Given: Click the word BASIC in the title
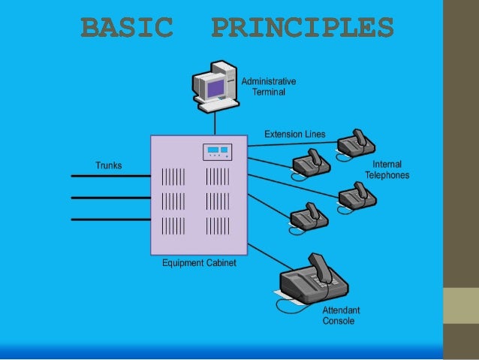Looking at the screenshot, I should pyautogui.click(x=126, y=28).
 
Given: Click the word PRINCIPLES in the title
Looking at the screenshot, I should pyautogui.click(x=303, y=28).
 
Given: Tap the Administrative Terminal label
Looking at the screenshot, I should pyautogui.click(x=268, y=86).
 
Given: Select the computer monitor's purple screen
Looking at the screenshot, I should pyautogui.click(x=215, y=88).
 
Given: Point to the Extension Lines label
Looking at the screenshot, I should pyautogui.click(x=295, y=135).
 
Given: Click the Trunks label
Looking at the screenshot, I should pyautogui.click(x=108, y=165).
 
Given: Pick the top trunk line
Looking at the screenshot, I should pyautogui.click(x=110, y=176).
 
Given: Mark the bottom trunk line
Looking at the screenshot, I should pyautogui.click(x=110, y=219).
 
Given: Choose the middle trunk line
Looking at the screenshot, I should pyautogui.click(x=110, y=198).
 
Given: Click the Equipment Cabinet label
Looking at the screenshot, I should pyautogui.click(x=199, y=263).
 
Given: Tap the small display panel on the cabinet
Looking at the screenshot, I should pyautogui.click(x=218, y=152).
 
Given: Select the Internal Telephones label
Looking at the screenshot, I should pyautogui.click(x=387, y=170).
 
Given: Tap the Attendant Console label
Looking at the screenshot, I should pyautogui.click(x=341, y=316).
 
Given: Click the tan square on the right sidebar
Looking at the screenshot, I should pyautogui.click(x=461, y=305).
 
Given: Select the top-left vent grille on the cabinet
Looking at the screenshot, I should pyautogui.click(x=173, y=177).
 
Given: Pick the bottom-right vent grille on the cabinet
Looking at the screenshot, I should pyautogui.click(x=218, y=225).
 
